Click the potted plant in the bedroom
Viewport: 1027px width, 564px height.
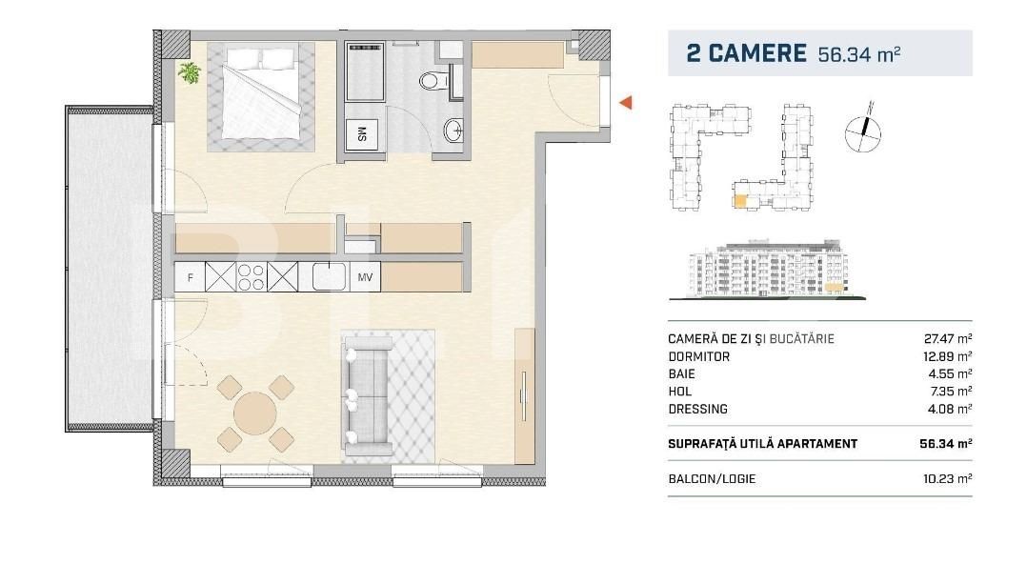191,72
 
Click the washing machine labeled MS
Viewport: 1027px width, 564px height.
362,133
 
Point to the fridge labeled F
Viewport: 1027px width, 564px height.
191,277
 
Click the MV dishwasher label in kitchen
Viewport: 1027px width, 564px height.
364,277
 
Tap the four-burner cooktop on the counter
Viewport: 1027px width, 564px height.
252,277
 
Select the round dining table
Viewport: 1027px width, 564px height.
254,413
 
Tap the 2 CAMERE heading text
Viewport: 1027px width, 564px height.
746,53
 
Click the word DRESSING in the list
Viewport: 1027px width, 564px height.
697,409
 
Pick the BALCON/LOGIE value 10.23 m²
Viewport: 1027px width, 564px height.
950,479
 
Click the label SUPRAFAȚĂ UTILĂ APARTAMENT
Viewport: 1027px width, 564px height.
762,444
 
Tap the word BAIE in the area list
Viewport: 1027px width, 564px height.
682,374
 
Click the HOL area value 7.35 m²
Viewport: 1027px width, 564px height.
953,392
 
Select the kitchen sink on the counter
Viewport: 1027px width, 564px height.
327,277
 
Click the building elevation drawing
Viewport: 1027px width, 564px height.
768,270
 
